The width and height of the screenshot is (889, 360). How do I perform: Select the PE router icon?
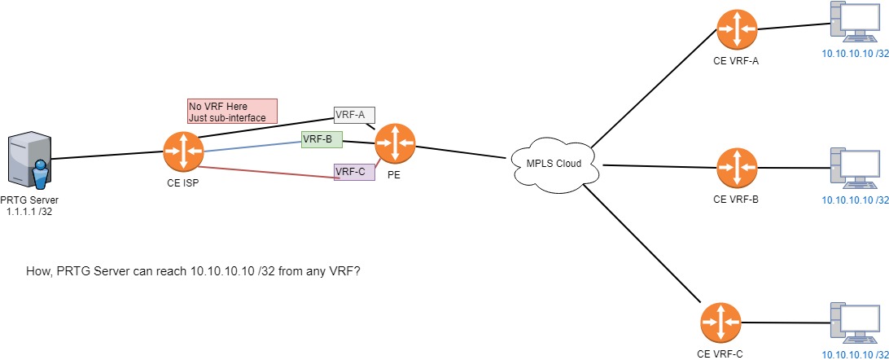pos(396,144)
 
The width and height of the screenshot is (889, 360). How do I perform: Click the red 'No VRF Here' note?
pos(232,112)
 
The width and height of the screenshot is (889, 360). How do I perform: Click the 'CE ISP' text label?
pos(183,182)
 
